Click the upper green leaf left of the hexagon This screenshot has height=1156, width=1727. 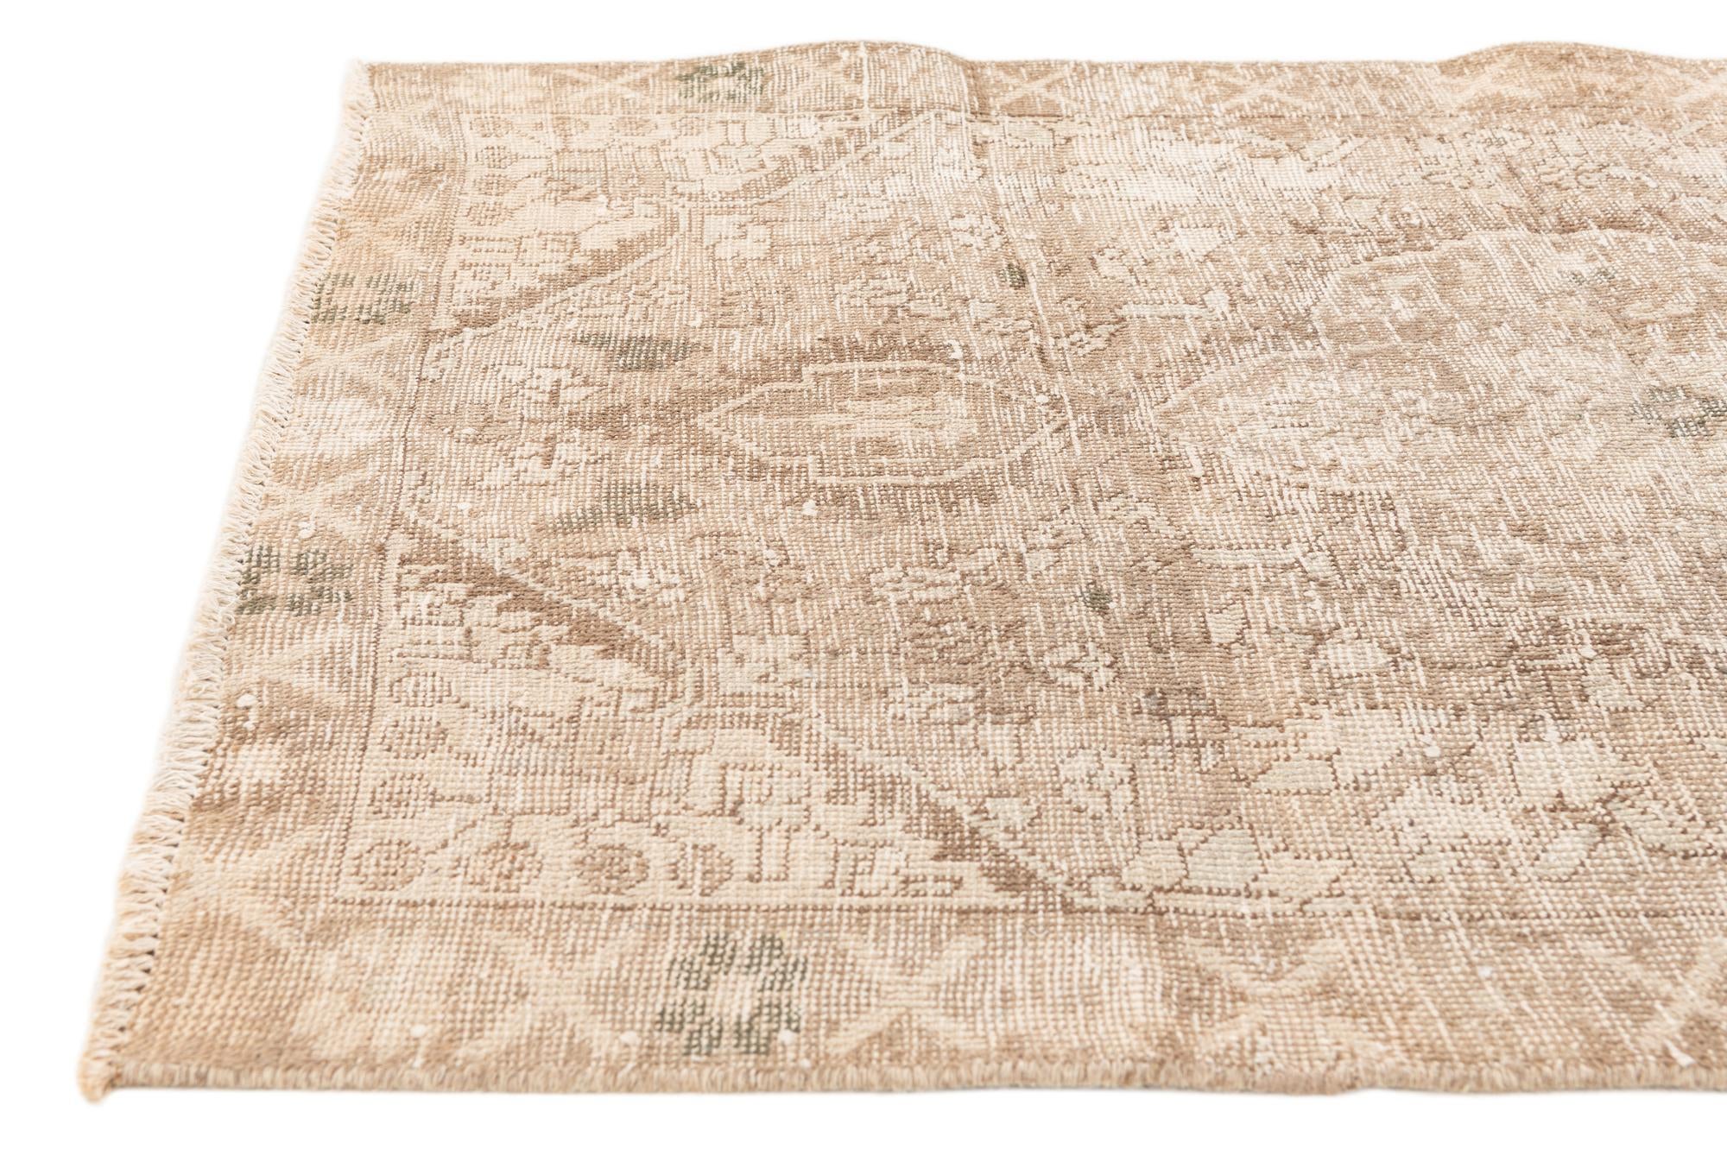pyautogui.click(x=643, y=350)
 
